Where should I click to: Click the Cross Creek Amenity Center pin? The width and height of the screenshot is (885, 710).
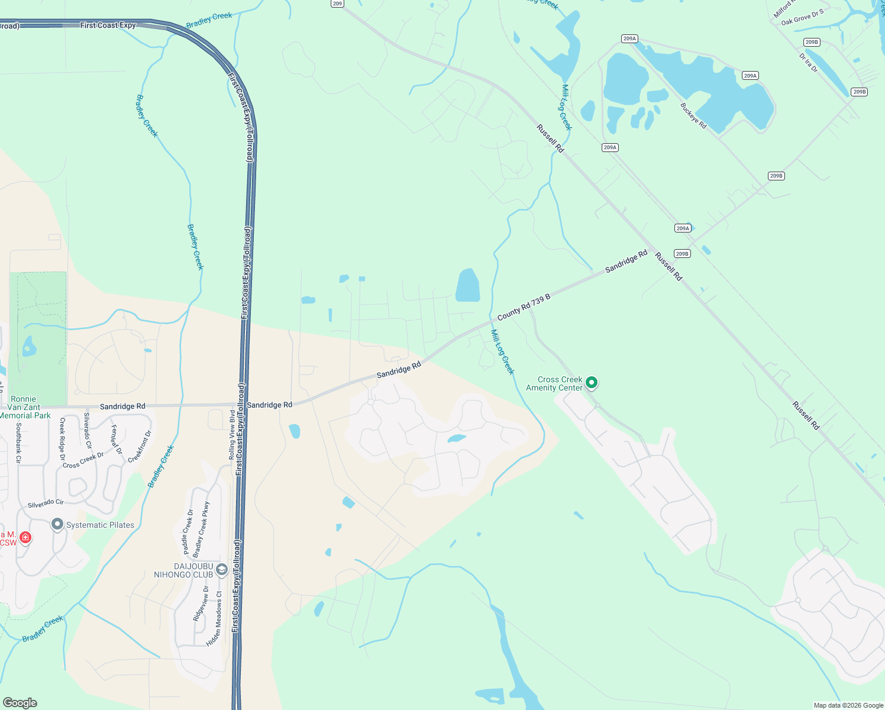click(x=591, y=383)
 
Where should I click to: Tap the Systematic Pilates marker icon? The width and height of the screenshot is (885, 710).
click(x=57, y=524)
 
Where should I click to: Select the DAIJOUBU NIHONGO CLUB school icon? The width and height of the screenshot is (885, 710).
click(x=222, y=569)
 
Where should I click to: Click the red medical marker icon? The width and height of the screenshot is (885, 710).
click(x=25, y=537)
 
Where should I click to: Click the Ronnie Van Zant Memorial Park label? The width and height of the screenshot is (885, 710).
click(x=24, y=407)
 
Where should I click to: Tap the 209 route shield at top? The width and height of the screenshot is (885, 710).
click(x=337, y=4)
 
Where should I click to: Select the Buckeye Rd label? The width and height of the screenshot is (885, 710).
click(x=693, y=116)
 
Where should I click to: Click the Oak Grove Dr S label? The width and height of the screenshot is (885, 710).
click(x=802, y=17)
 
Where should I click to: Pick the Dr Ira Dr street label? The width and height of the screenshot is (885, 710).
click(x=808, y=63)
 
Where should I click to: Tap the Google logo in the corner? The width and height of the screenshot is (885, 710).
click(x=20, y=702)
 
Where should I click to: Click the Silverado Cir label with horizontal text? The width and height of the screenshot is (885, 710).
click(x=46, y=504)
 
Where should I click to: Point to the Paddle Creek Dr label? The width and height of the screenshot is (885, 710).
click(x=188, y=532)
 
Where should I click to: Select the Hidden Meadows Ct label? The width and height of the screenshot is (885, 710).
click(x=215, y=619)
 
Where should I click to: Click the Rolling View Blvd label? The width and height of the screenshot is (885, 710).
click(x=232, y=435)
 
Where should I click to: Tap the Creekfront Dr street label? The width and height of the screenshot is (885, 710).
click(x=140, y=446)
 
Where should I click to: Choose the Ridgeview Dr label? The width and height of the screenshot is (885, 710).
click(x=201, y=603)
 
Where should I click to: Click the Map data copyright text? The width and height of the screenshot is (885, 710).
click(x=848, y=705)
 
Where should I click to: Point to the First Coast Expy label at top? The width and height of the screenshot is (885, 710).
click(x=108, y=25)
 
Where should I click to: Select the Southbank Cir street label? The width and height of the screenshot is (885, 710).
click(x=19, y=443)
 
